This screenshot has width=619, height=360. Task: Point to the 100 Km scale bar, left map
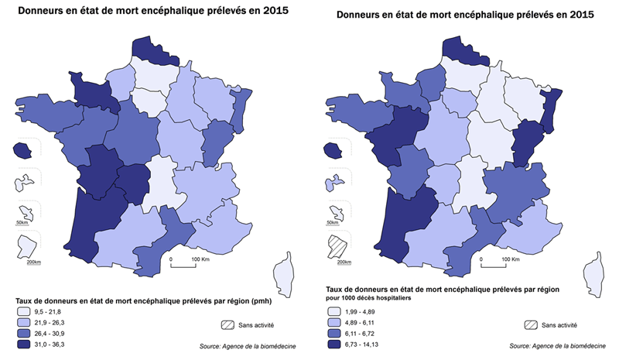(x=183, y=266)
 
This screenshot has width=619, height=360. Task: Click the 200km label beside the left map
(x=32, y=262)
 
